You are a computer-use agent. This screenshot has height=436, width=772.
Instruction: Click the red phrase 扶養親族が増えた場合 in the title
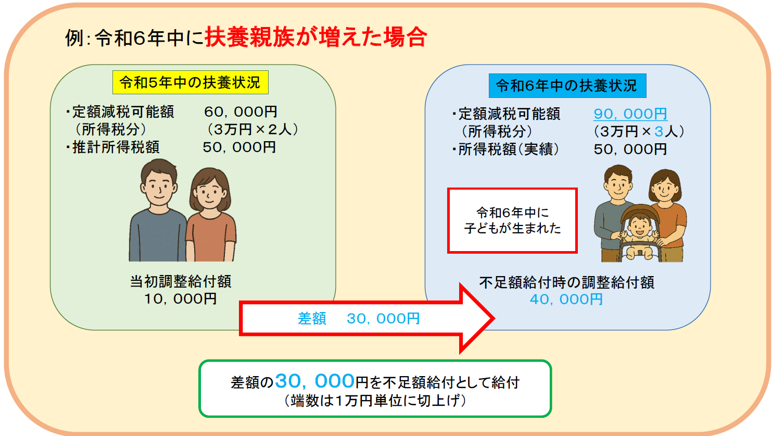316,38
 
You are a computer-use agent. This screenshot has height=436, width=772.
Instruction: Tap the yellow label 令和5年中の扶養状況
190,82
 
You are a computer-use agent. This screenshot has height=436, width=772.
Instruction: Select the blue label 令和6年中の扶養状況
567,85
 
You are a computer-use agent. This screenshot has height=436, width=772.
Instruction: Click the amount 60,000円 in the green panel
241,112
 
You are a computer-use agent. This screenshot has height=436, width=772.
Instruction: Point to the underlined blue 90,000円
630,114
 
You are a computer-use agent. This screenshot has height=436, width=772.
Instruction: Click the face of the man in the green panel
159,186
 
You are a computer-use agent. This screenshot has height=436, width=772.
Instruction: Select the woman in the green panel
211,215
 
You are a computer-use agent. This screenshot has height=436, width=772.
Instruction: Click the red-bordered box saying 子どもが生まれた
512,221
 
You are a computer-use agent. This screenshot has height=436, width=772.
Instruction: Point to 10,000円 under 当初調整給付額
180,299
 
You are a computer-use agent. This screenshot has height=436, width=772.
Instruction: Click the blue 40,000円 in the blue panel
566,300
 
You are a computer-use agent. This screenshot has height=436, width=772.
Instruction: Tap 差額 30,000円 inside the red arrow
359,319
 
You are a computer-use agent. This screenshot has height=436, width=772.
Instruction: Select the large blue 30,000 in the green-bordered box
315,381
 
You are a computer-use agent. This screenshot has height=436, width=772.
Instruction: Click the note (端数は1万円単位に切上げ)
375,401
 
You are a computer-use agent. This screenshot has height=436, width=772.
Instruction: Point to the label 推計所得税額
116,147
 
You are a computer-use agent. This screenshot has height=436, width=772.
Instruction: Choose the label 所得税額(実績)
509,150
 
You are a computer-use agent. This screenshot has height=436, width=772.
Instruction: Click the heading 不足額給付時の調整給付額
566,282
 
